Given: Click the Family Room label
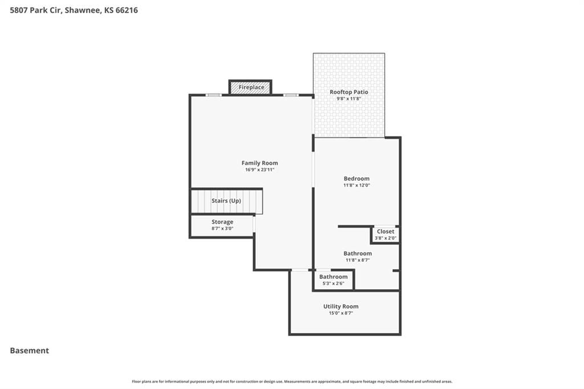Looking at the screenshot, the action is tap(259, 163).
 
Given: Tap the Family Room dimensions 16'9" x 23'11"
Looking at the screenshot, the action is tap(259, 169).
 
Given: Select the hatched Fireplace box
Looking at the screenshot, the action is tap(250, 87).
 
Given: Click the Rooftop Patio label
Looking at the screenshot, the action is tap(348, 92).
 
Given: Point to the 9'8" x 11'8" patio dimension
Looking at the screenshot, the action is tap(348, 99).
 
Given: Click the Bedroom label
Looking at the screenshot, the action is tap(356, 179).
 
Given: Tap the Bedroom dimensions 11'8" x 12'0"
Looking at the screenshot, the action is tap(356, 185).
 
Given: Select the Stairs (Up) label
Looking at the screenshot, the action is tap(226, 200).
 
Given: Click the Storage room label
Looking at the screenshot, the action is tap(222, 222).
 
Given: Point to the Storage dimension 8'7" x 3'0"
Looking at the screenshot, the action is tap(222, 228).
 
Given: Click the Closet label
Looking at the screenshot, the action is tap(386, 232).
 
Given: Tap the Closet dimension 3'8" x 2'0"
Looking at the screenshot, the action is tap(386, 238).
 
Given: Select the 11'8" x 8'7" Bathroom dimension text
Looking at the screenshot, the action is tap(358, 260).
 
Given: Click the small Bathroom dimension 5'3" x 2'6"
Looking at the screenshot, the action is tap(333, 283).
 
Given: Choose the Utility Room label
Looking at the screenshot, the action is tap(341, 306).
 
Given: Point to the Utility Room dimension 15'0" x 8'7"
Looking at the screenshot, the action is tap(341, 313).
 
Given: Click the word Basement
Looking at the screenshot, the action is tap(30, 351).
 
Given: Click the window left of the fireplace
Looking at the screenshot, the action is tap(213, 95).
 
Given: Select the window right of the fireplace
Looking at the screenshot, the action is tap(291, 95).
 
